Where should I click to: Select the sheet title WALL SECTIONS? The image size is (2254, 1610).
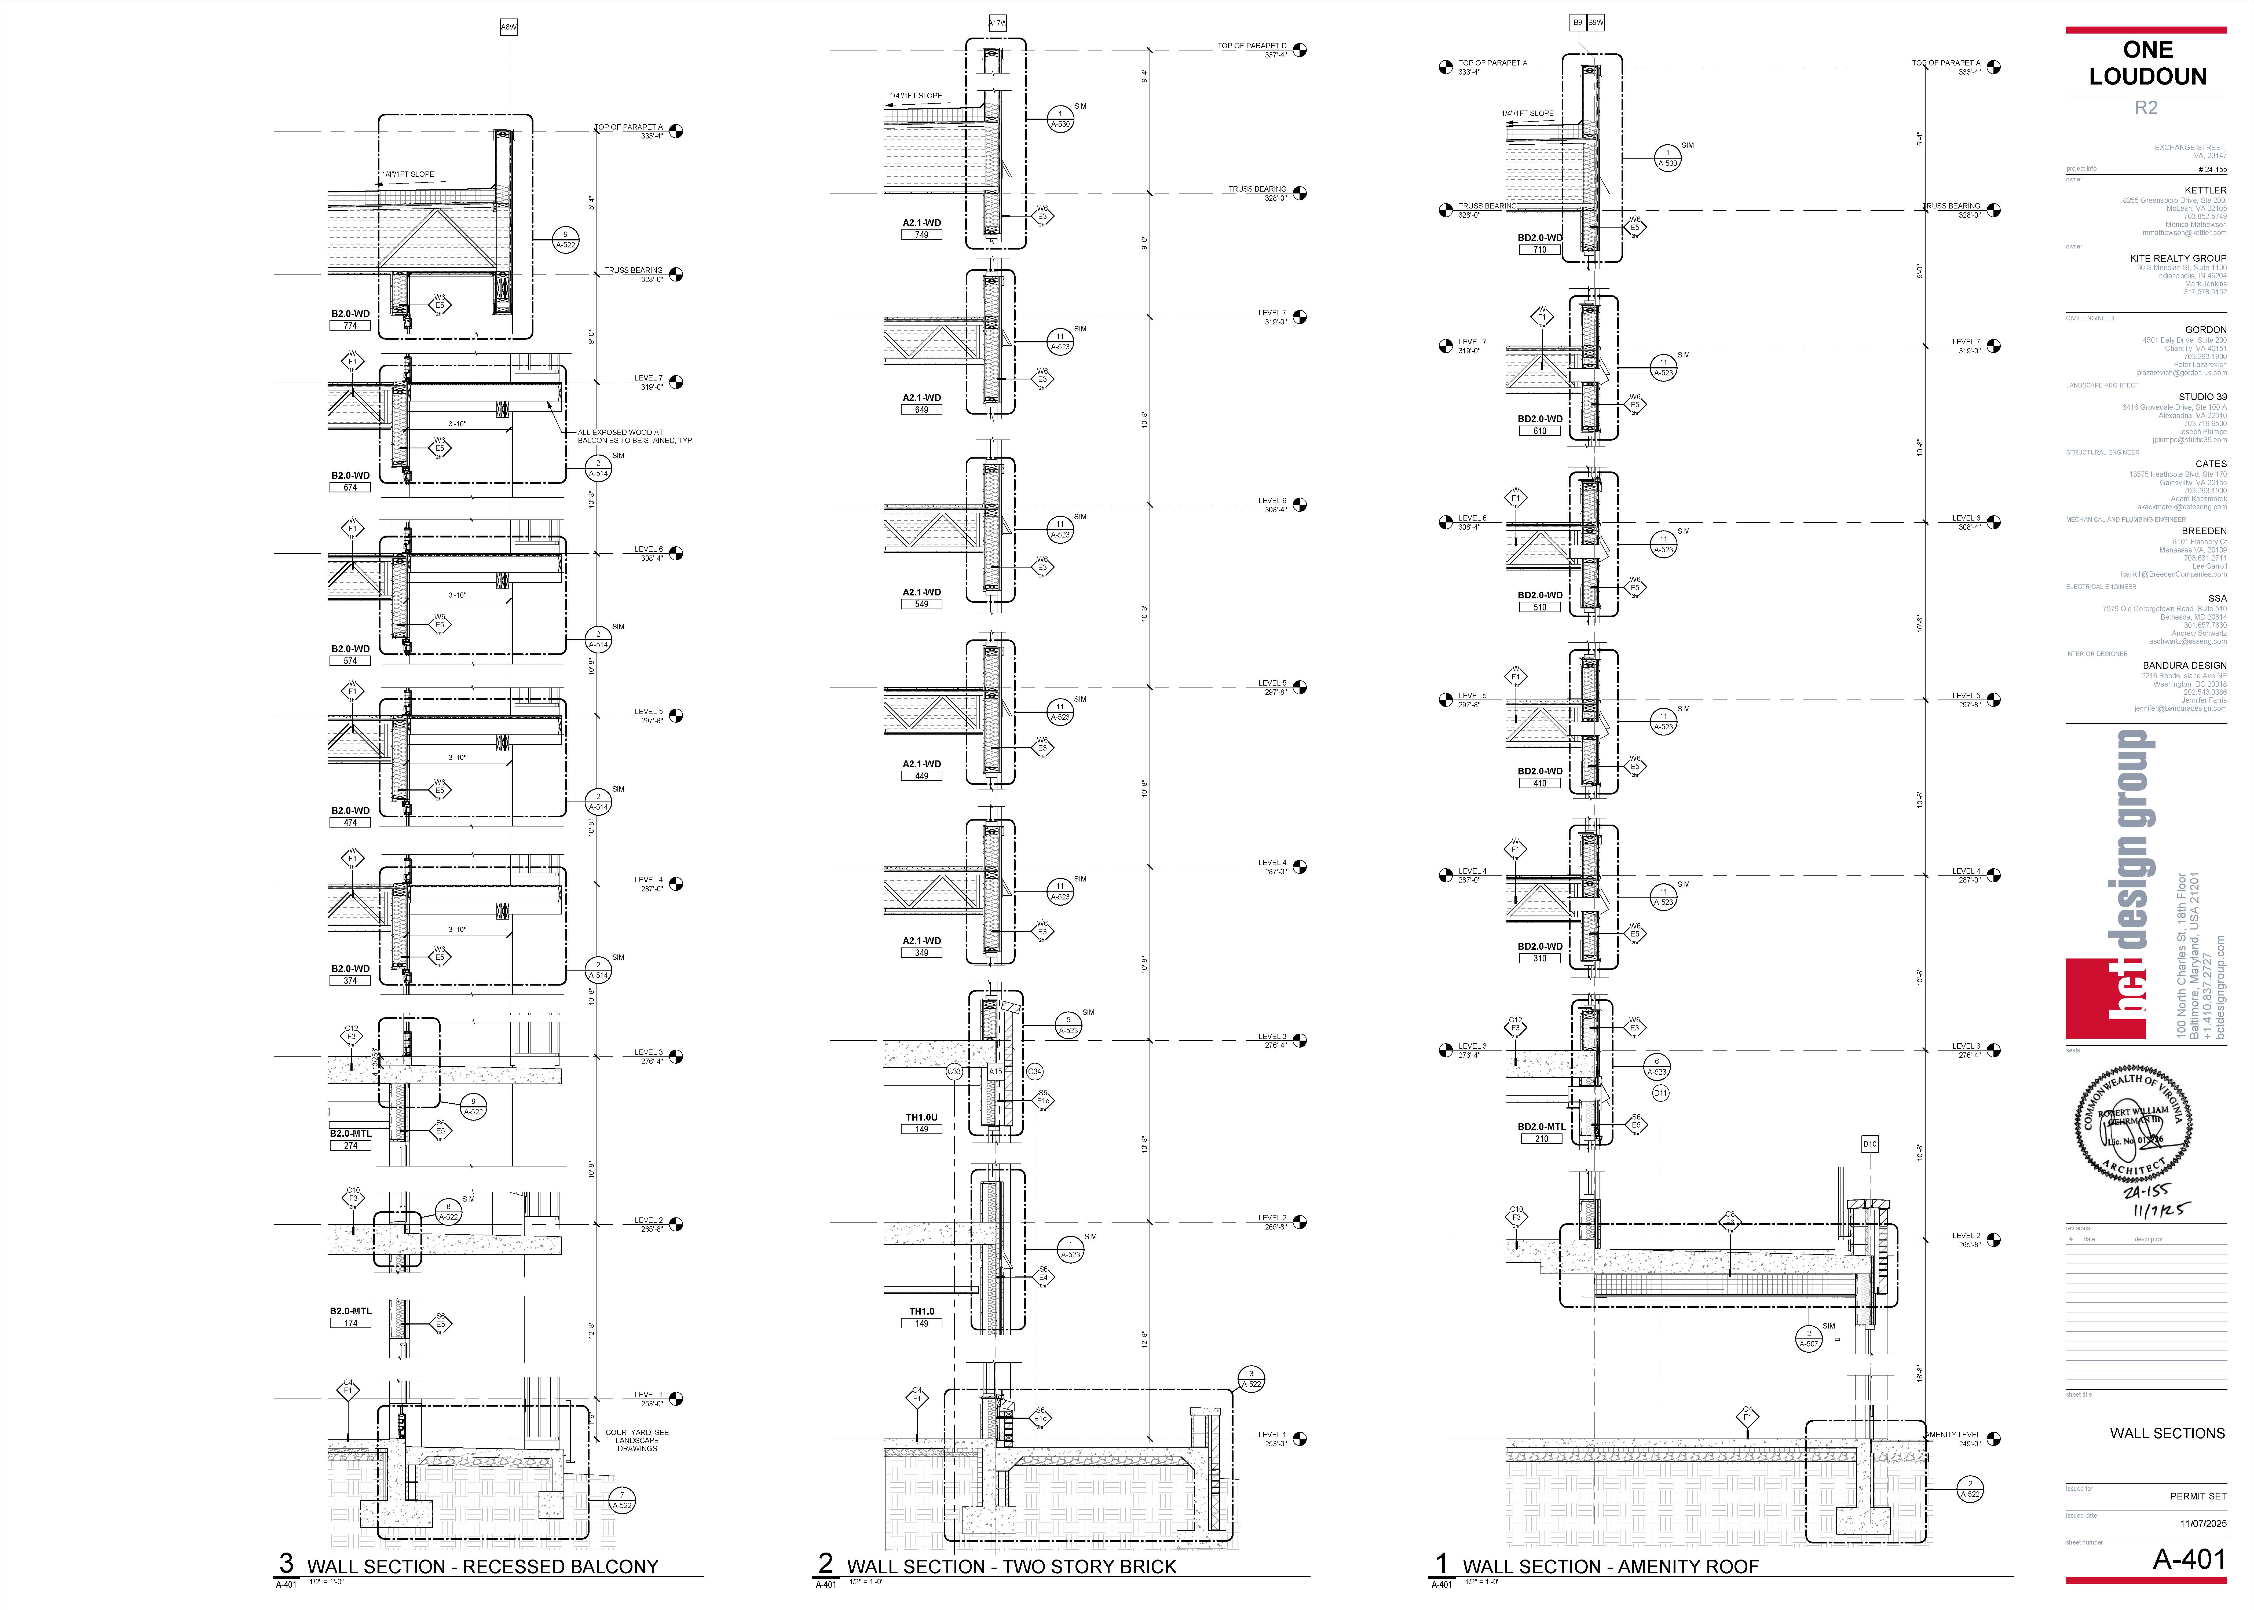(2167, 1433)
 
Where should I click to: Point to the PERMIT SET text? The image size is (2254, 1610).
(2197, 1496)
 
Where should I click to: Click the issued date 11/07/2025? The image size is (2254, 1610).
(2202, 1524)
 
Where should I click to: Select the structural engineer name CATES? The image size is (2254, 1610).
(2210, 464)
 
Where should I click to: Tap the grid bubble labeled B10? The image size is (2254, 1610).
(1869, 1144)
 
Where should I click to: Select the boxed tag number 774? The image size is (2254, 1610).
(350, 325)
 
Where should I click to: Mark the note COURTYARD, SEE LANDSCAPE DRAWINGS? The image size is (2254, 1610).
(637, 1440)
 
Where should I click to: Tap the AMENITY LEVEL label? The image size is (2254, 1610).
(1953, 1435)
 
